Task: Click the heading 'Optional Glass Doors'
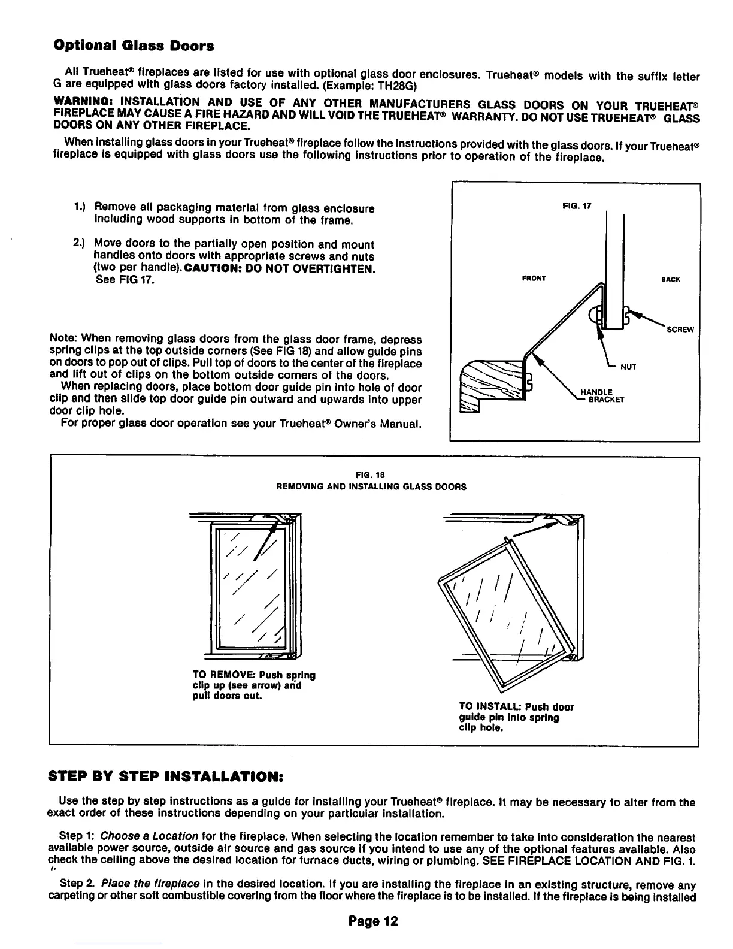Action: pyautogui.click(x=134, y=46)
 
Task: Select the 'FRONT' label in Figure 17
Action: pyautogui.click(x=534, y=279)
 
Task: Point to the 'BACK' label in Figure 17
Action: pyautogui.click(x=671, y=279)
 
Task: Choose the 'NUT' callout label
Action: pyautogui.click(x=628, y=367)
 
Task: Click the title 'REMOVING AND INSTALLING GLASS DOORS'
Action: pyautogui.click(x=371, y=487)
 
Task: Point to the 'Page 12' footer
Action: pyautogui.click(x=373, y=921)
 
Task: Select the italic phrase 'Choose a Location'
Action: pyautogui.click(x=149, y=835)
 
